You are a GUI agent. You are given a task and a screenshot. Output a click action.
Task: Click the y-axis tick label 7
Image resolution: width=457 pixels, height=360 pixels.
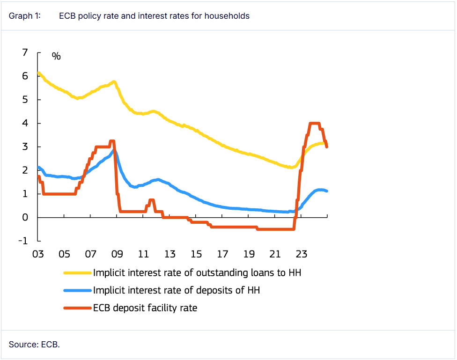click(x=25, y=52)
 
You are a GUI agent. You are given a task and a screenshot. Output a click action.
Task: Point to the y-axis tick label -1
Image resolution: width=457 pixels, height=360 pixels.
click(x=22, y=241)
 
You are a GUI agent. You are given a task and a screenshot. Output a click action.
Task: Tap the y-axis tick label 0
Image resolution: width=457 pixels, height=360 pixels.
click(x=25, y=218)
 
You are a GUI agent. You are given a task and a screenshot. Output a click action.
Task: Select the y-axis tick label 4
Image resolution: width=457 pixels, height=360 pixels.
click(x=25, y=123)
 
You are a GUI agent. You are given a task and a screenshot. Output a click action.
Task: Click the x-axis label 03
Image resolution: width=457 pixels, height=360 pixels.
click(x=38, y=255)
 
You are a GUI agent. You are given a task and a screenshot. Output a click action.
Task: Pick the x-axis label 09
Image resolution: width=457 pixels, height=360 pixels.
click(x=117, y=255)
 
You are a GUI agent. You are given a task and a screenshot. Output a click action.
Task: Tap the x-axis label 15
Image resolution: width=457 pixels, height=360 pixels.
click(x=196, y=255)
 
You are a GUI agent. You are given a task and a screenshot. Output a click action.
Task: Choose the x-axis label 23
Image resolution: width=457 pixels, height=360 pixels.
click(x=302, y=255)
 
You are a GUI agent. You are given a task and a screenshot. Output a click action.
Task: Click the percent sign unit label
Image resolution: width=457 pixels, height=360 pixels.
click(x=56, y=57)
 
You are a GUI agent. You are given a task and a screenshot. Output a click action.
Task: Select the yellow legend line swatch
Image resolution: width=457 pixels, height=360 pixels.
click(x=77, y=272)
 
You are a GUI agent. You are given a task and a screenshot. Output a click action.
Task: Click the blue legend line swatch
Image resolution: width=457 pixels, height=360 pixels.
click(x=77, y=290)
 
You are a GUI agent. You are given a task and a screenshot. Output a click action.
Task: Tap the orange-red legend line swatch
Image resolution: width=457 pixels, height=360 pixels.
click(x=77, y=308)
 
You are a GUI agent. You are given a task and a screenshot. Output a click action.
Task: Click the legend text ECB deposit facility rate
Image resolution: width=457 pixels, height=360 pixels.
click(x=145, y=308)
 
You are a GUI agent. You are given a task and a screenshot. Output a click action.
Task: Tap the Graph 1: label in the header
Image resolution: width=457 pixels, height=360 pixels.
click(x=25, y=16)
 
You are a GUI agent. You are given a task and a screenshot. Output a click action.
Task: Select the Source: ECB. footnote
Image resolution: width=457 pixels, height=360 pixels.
click(x=34, y=345)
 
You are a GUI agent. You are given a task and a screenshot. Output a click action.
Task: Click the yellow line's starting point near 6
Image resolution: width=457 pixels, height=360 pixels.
click(x=39, y=73)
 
